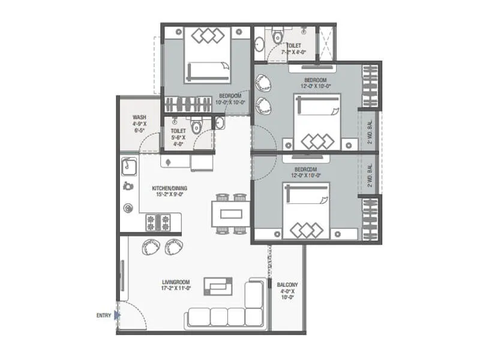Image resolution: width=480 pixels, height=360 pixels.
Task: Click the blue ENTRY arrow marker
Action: coord(118,314)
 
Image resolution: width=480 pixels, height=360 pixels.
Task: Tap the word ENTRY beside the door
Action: coord(103,315)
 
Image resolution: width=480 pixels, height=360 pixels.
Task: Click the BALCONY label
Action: coord(287,285)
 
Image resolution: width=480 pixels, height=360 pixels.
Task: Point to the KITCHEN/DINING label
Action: coord(171,188)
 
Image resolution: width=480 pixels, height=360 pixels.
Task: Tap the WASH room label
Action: coord(139,118)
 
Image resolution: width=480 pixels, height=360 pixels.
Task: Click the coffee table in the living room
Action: coord(218,286)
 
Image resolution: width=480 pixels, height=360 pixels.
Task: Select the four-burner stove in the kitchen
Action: coord(158,224)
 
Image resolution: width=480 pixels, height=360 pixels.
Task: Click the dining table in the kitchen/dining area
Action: coord(231,213)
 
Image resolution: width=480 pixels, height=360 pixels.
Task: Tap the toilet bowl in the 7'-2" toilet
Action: coord(277,37)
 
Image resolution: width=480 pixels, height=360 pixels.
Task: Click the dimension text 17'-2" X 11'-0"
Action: coord(176,289)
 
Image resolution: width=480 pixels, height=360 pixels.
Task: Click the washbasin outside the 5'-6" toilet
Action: coord(219,124)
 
